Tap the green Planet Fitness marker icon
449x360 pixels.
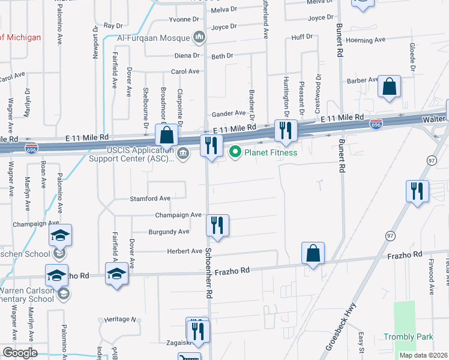pos(235,152)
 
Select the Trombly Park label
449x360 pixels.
pos(408,337)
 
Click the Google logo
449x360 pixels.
pos(20,353)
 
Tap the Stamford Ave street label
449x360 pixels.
pos(150,199)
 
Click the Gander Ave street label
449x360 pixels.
pos(229,113)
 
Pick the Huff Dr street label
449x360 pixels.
pos(301,37)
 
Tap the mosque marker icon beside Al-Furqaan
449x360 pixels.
pos(199,38)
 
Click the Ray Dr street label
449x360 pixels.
pos(112,26)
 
